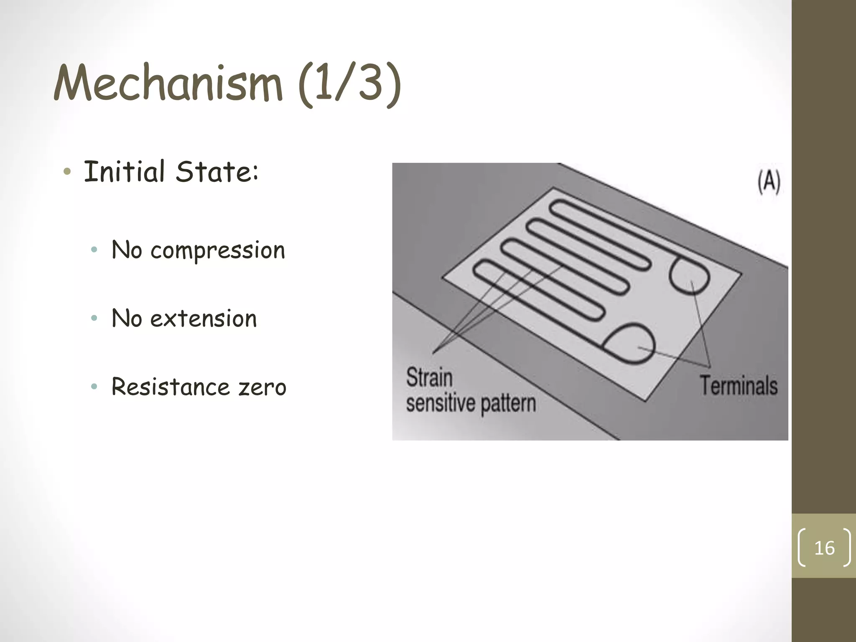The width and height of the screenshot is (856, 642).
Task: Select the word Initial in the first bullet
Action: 124,172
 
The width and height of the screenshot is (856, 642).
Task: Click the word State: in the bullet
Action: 217,172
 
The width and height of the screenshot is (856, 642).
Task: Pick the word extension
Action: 203,319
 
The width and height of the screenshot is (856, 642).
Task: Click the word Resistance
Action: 171,387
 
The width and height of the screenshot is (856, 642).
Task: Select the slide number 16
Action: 824,548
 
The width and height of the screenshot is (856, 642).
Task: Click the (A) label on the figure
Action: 769,182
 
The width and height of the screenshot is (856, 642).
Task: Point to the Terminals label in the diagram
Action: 739,385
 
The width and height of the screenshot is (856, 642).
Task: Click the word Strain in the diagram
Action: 429,377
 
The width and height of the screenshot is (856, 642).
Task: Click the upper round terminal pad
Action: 689,276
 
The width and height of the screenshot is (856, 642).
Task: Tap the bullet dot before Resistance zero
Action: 94,387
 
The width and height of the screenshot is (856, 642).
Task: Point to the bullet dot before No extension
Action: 94,318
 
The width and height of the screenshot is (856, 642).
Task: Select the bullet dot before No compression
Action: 94,250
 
